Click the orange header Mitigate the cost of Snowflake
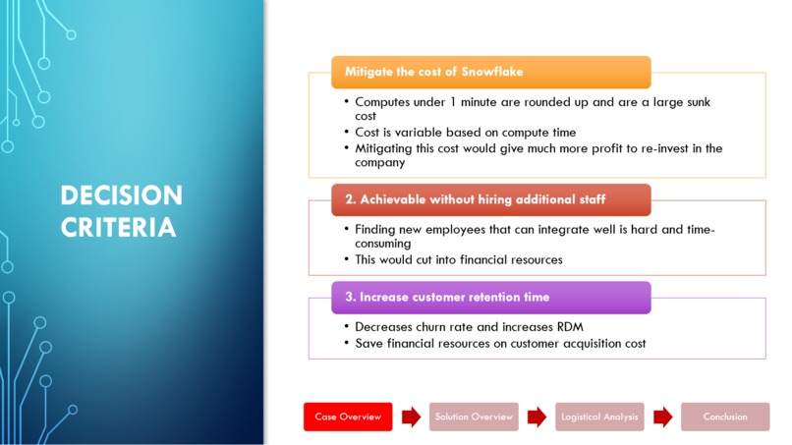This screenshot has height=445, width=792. [490, 72]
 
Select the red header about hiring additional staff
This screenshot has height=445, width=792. [490, 199]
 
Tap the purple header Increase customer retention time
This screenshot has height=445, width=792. [490, 297]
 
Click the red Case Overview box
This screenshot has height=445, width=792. [348, 417]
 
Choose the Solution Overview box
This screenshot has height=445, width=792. [474, 417]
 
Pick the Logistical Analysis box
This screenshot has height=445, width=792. [599, 417]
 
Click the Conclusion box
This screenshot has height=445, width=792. [725, 417]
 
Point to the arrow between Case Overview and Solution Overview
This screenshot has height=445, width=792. [411, 417]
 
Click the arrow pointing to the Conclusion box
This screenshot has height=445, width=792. [662, 417]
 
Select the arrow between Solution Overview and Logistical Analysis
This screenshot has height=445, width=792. [537, 417]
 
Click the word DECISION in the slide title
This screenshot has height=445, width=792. [121, 195]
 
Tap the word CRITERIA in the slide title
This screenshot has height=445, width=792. [118, 228]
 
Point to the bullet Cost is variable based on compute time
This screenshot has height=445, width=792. [465, 133]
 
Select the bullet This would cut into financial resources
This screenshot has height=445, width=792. [458, 260]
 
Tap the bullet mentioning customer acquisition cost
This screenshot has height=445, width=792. [499, 344]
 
